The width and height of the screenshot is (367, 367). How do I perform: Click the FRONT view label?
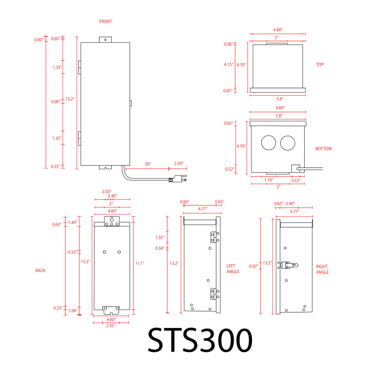pos(106,22)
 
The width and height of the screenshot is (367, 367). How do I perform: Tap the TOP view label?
pos(320,65)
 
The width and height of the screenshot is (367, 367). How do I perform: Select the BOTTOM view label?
pos(324,148)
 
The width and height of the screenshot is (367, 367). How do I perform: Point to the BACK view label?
pos(40,270)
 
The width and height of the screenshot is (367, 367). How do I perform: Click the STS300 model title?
pos(200,340)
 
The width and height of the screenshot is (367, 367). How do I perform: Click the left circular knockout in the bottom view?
pos(269,142)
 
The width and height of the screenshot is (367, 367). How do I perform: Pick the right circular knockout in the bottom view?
pos(287,143)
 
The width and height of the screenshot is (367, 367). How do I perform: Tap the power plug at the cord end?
pos(178,179)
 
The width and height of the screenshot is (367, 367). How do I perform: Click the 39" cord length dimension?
pos(148,164)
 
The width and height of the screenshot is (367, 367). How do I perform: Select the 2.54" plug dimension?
pos(179,163)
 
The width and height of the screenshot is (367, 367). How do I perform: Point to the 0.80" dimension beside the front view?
pos(39,39)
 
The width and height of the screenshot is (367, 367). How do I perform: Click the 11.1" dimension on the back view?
pos(140,264)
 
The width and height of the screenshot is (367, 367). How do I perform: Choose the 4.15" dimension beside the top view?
pos(229,65)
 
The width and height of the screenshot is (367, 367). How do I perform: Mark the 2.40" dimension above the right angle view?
pos(290,204)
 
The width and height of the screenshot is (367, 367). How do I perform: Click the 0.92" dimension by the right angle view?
pos(254,266)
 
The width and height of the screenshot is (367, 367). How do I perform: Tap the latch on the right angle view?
pos(289,265)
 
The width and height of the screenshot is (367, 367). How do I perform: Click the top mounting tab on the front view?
pos(105,39)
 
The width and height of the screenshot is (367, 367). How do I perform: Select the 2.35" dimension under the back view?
pos(111,325)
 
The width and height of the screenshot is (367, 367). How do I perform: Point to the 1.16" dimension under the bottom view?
pos(269,180)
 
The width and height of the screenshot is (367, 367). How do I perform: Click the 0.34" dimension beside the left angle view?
pos(160,248)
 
